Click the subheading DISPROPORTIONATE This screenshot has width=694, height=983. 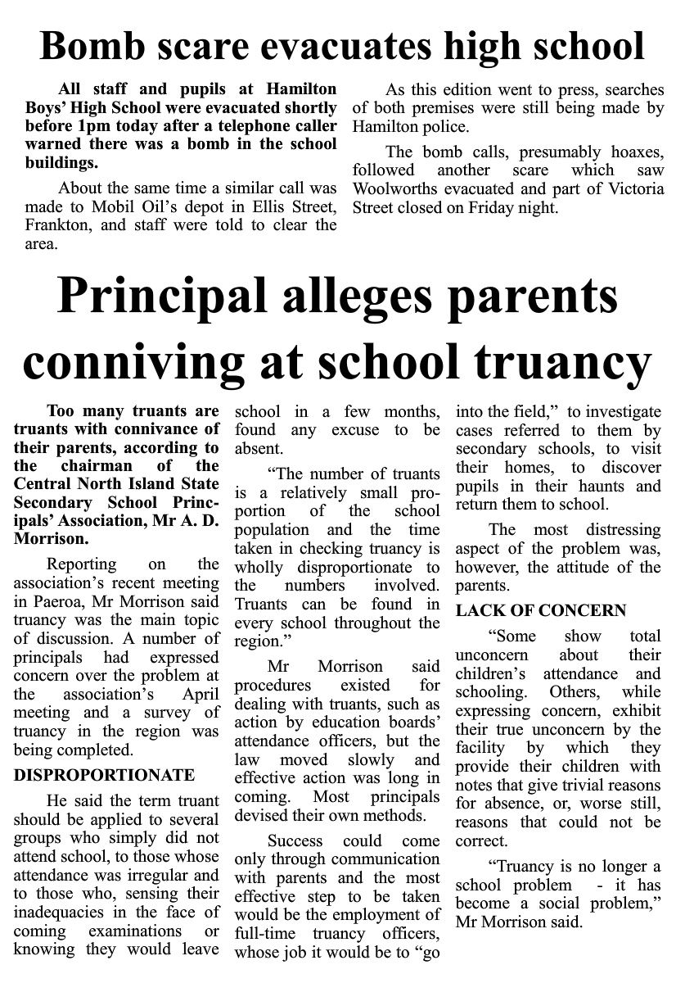[104, 775]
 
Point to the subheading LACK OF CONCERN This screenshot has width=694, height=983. [541, 610]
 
